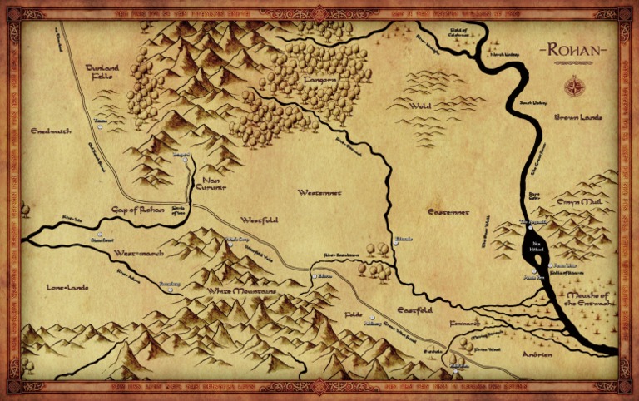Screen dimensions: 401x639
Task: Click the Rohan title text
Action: [574, 50]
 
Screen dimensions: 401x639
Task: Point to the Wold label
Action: [421, 106]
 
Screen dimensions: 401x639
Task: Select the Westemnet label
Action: [319, 192]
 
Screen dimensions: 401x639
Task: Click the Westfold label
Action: [259, 220]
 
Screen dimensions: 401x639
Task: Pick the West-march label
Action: [136, 252]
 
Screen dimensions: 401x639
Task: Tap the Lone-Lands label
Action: [67, 287]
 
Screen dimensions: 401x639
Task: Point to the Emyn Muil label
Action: [578, 201]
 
